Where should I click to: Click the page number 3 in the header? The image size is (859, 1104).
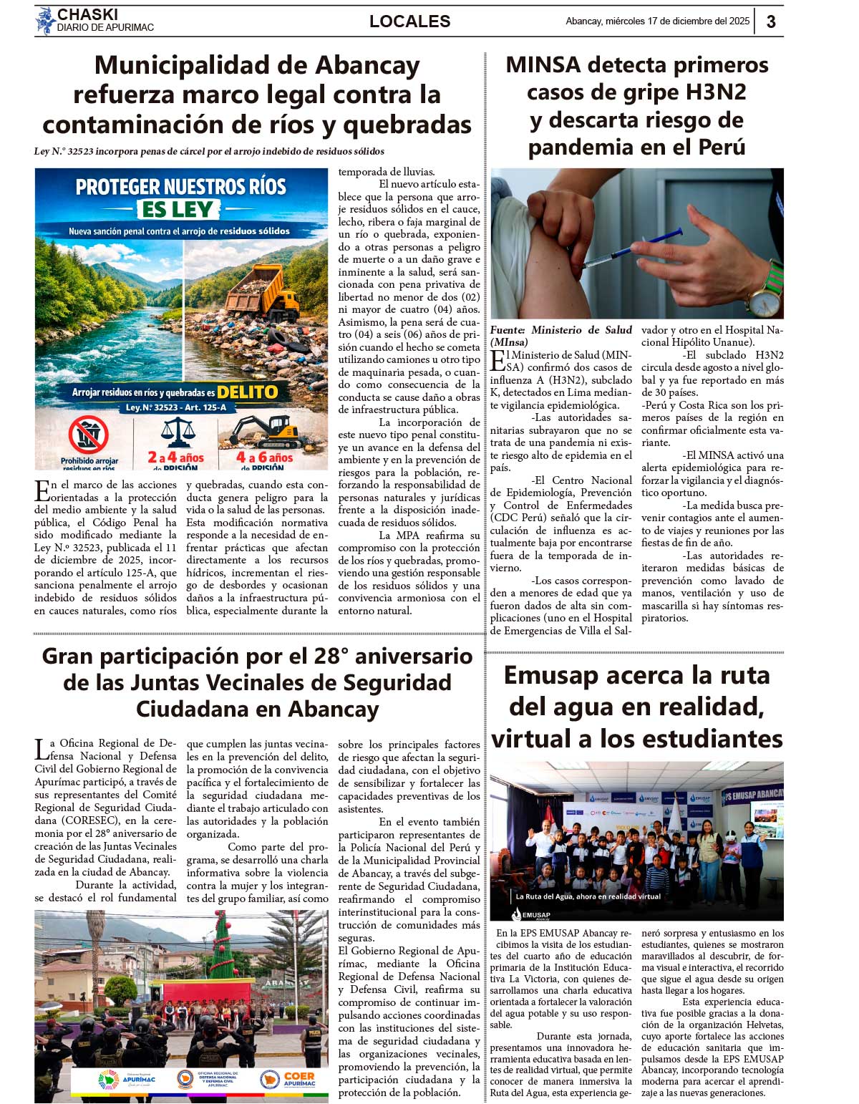pos(770,21)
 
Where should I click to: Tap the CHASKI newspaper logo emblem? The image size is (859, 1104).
pos(46,21)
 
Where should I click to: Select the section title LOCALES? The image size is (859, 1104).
pos(409,21)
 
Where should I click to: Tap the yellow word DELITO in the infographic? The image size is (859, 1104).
pos(247,392)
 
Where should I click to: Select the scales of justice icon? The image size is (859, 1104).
pos(178,432)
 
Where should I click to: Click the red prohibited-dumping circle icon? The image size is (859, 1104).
pos(89,435)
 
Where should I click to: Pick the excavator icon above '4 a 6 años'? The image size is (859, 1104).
pos(264,431)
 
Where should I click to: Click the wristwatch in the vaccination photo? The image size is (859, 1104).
pos(766,290)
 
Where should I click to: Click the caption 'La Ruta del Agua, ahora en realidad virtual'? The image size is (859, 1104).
pos(588,896)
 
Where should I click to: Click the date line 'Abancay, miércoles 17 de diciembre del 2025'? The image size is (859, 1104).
pos(657,21)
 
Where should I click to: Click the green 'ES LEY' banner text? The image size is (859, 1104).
pos(178,209)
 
